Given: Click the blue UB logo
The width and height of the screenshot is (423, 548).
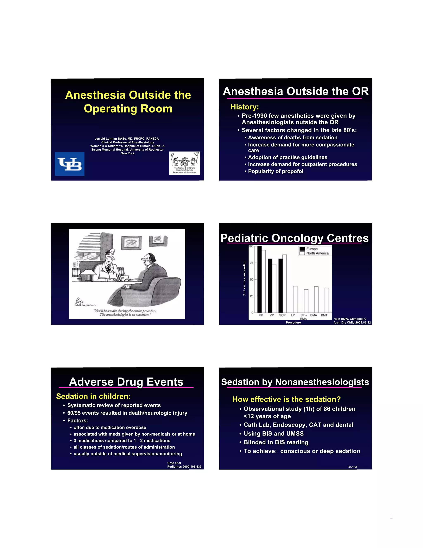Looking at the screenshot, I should pos(69,164).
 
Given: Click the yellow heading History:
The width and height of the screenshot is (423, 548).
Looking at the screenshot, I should pos(245,107).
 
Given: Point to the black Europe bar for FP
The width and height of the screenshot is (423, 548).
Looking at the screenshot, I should pos(259,279).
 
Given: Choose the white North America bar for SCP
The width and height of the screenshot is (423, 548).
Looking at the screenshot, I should pos(285,284).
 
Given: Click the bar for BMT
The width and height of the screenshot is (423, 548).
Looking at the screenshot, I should pos(327,300).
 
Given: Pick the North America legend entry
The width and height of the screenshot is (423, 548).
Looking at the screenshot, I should pos(317,253).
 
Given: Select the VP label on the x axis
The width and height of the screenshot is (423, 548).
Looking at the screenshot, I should pos(272,315).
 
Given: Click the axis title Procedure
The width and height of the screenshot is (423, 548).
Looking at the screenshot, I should pos(293,323).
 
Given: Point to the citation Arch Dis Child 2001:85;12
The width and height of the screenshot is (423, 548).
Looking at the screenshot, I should pos(352,323).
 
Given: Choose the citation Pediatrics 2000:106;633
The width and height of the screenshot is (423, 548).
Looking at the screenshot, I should pos(184,467).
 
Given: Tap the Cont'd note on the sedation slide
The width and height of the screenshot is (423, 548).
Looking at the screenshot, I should pos(352,467).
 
